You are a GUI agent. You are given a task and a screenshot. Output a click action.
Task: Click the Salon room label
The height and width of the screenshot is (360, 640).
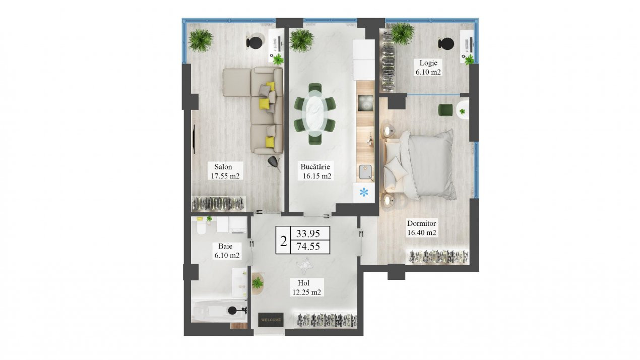[223, 167]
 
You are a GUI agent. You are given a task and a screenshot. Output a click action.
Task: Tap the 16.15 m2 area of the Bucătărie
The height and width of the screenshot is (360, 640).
[317, 176]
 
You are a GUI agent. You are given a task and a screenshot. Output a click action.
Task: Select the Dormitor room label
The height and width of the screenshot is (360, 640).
[421, 223]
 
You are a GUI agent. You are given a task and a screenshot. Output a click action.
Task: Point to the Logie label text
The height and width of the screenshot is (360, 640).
[428, 63]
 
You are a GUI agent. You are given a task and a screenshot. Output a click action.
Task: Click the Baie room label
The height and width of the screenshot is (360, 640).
[225, 246]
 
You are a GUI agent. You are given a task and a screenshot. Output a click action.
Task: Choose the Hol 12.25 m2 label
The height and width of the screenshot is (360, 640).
[306, 287]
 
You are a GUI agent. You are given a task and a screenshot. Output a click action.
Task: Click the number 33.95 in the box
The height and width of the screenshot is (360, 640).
[308, 233]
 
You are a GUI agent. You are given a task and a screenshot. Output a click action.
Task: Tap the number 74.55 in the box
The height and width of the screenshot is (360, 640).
[308, 247]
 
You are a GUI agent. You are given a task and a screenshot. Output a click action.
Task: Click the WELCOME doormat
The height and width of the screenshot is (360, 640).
[271, 320]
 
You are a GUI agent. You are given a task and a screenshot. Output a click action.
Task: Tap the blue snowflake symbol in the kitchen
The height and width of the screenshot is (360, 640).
[364, 193]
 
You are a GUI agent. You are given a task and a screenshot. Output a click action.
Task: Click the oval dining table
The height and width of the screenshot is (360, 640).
[314, 113]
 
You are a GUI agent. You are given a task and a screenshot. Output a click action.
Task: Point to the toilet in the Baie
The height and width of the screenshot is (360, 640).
[201, 227]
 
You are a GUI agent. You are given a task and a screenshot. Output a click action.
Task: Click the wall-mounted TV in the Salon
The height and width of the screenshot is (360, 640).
[195, 139]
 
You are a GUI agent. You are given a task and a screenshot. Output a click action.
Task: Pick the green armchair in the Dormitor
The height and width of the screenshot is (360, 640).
[445, 110]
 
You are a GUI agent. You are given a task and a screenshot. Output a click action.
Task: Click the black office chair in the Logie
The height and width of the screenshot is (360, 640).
[446, 44]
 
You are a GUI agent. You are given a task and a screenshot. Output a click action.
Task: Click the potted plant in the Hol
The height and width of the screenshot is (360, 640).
[258, 283]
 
